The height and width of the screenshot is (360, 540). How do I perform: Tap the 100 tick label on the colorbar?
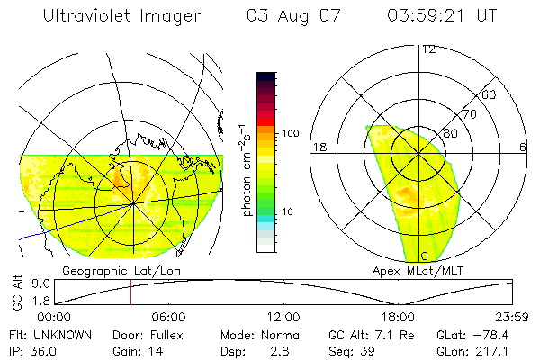(x=289, y=133)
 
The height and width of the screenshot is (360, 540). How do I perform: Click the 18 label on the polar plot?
(x=318, y=146)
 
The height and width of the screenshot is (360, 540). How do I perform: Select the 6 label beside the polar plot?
(x=523, y=146)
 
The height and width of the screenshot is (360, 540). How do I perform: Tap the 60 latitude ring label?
(x=490, y=94)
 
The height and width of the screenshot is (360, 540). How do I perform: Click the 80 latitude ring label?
(x=451, y=133)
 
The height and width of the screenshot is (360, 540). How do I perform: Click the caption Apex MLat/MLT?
(x=410, y=270)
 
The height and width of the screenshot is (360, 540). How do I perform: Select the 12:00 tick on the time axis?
(x=283, y=317)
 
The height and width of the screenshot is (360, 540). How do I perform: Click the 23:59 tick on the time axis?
(x=512, y=317)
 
